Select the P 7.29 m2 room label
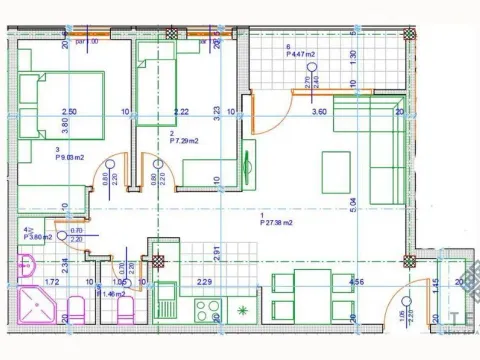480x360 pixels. tap(187, 142)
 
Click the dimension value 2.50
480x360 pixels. tap(69, 112)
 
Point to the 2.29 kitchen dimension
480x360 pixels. tap(203, 283)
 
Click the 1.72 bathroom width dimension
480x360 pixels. tap(52, 283)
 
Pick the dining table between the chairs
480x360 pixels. tap(313, 294)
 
